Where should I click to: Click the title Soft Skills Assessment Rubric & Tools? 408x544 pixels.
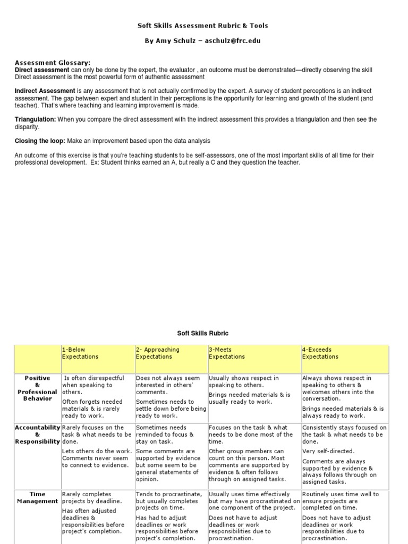coord(203,25)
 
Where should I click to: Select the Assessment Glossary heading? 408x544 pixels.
coord(52,62)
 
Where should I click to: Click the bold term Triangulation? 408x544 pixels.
coord(35,120)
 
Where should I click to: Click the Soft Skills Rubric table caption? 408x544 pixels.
coord(202,333)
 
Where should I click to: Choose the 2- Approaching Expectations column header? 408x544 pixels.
coord(157,353)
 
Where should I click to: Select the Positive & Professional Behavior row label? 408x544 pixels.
coord(37,388)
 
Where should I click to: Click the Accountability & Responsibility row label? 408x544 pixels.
coord(37,434)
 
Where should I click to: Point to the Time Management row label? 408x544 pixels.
coord(37,497)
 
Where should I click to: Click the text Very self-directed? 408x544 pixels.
coord(328,451)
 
